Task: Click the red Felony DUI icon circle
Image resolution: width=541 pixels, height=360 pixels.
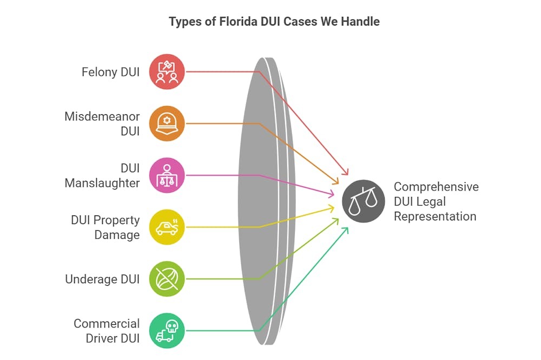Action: click(167, 71)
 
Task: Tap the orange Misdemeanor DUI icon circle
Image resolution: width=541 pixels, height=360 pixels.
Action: click(167, 123)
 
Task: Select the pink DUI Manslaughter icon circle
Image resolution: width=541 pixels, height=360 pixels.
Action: click(167, 175)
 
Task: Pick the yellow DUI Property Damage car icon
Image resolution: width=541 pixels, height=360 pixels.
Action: click(167, 227)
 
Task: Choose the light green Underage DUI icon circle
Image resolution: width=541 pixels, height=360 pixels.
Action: click(167, 279)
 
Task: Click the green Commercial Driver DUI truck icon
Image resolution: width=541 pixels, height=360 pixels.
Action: click(167, 331)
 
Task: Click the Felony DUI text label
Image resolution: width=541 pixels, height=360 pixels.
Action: click(110, 71)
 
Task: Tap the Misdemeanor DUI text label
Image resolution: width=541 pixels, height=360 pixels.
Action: click(102, 123)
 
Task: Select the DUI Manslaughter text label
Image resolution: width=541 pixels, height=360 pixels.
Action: click(102, 175)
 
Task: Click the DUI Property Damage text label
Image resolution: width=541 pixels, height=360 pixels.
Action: click(105, 227)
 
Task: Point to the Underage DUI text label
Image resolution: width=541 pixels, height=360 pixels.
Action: click(102, 279)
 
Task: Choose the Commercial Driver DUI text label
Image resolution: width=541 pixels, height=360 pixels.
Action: click(107, 331)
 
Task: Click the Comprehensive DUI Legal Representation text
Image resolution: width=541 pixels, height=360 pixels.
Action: click(436, 201)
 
